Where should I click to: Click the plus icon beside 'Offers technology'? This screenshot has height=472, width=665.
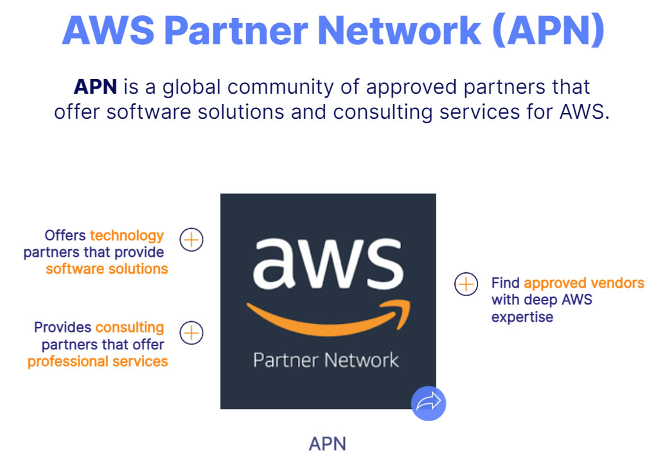click(191, 240)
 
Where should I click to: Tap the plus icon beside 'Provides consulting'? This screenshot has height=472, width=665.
click(191, 333)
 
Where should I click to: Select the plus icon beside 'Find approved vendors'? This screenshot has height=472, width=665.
click(466, 284)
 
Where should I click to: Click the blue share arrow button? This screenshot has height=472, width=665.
click(429, 403)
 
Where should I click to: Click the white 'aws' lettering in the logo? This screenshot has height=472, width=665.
click(328, 263)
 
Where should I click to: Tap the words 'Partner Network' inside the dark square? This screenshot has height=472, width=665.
click(326, 360)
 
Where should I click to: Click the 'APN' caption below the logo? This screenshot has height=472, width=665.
click(328, 444)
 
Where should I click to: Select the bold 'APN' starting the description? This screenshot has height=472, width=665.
click(96, 87)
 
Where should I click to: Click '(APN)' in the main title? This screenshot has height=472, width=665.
click(549, 30)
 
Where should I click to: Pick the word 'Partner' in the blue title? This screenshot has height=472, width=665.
click(236, 30)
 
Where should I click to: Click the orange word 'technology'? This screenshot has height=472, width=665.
click(127, 236)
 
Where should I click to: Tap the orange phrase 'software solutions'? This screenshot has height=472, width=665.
click(107, 268)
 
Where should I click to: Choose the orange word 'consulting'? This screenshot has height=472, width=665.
click(130, 328)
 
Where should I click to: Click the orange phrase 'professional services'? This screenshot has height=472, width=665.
click(98, 362)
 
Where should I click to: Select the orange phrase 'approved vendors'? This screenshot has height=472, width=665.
click(584, 283)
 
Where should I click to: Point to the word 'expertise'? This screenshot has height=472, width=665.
click(522, 317)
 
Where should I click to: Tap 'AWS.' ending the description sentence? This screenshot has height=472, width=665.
click(585, 112)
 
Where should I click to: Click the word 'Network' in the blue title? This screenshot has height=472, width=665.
click(399, 30)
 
